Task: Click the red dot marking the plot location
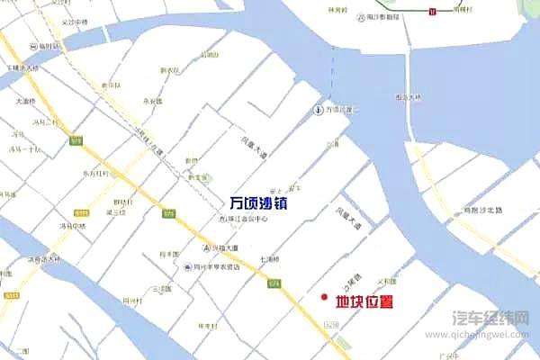(324, 297)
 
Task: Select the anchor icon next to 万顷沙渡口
(318, 110)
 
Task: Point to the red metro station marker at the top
(433, 11)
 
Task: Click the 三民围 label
(162, 289)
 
